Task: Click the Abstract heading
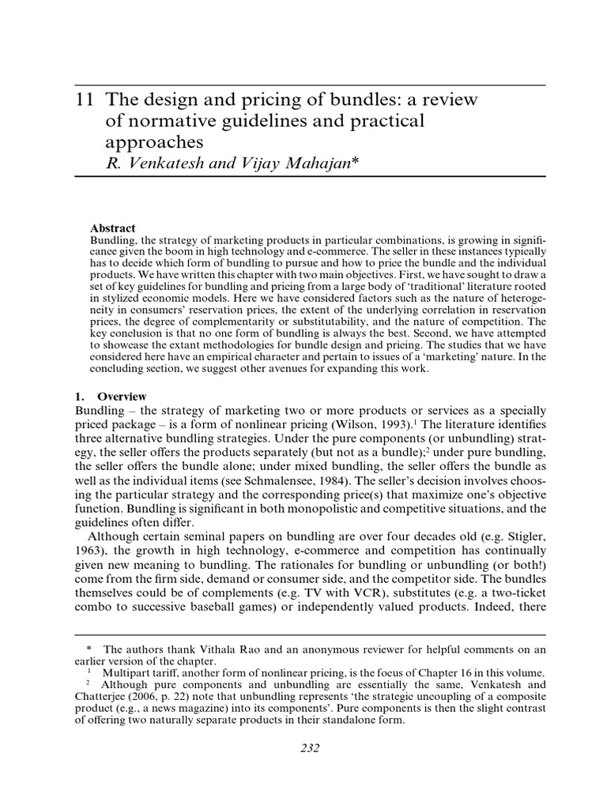(113, 228)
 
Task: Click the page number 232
(310, 749)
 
